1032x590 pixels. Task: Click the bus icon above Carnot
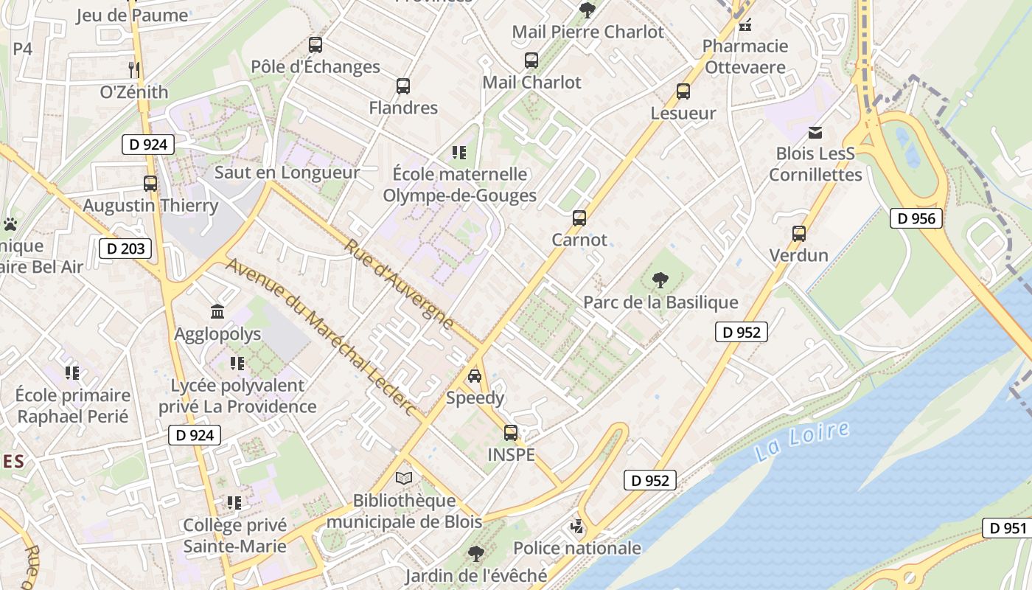pyautogui.click(x=579, y=218)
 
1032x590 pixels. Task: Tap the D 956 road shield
pyautogui.click(x=916, y=218)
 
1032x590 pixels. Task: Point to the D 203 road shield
pyautogui.click(x=125, y=249)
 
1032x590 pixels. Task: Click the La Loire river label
pyautogui.click(x=802, y=441)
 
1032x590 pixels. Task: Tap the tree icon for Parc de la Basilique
pyautogui.click(x=660, y=280)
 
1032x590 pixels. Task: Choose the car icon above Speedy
pyautogui.click(x=475, y=376)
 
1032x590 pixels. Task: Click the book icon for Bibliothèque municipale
pyautogui.click(x=403, y=478)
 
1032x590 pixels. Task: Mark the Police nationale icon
pyautogui.click(x=577, y=527)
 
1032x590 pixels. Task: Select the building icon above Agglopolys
pyautogui.click(x=217, y=312)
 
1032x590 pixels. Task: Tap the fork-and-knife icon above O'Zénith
pyautogui.click(x=134, y=70)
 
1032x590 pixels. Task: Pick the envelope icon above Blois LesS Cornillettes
pyautogui.click(x=815, y=133)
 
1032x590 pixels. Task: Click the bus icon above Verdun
pyautogui.click(x=798, y=234)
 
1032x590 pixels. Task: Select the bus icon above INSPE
pyautogui.click(x=511, y=433)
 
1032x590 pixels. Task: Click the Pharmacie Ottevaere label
pyautogui.click(x=745, y=57)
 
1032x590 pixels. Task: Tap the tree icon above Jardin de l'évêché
pyautogui.click(x=476, y=553)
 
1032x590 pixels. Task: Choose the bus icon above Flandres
pyautogui.click(x=403, y=86)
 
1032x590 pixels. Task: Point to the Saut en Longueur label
pyautogui.click(x=287, y=173)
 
